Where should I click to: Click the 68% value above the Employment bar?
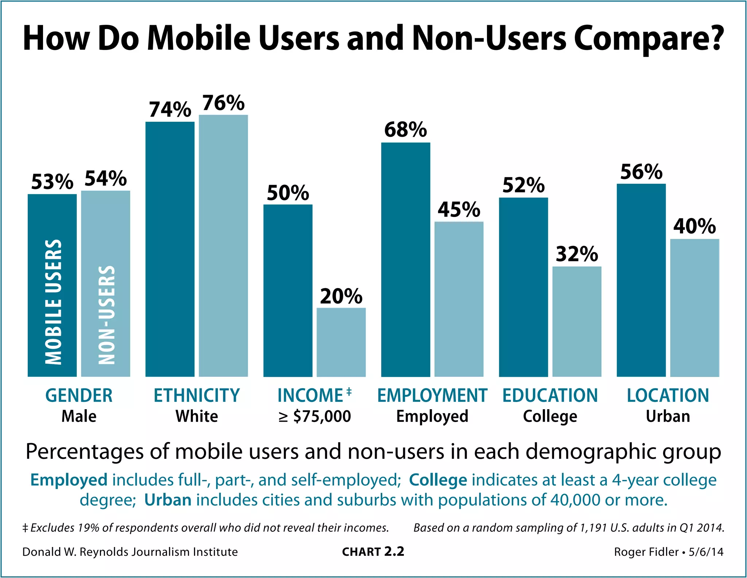405,130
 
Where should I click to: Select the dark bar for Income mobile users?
288,290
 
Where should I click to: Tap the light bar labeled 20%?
341,342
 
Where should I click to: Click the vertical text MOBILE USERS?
53,302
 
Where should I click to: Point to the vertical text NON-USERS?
107,315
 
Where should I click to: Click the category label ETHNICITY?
197,396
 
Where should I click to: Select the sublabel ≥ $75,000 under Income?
314,416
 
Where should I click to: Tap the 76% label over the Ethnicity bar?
223,103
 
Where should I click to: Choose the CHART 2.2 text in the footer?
373,552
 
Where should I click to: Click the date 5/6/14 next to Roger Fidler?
706,552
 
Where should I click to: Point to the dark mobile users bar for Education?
523,287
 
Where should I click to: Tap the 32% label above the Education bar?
577,254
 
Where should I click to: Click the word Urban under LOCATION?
668,416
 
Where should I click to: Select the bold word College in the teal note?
438,480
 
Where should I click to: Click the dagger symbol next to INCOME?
349,391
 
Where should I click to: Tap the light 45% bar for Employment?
459,299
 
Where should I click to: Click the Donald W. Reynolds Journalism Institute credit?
130,552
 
